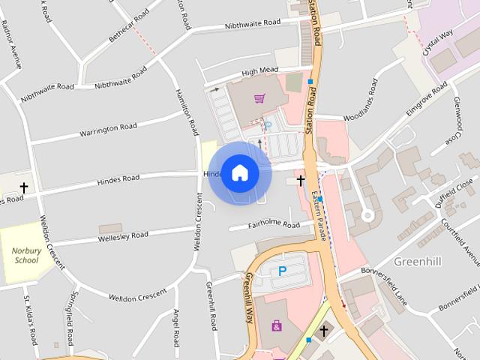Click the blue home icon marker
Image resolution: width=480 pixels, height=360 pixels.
click(x=239, y=172)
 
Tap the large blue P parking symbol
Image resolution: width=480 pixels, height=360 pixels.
click(x=283, y=271)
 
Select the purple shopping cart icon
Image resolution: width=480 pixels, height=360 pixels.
click(x=259, y=97)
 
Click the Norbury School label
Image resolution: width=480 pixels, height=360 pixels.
click(x=25, y=256)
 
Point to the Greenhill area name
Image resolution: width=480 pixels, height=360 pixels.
click(x=417, y=261)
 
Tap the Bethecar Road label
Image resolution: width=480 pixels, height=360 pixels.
click(x=130, y=30)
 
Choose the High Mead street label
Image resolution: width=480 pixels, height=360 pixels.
click(x=259, y=72)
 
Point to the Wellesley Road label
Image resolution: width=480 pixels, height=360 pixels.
click(x=123, y=235)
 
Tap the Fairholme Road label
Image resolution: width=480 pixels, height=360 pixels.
click(x=274, y=224)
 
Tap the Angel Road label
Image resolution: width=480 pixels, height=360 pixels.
click(x=177, y=328)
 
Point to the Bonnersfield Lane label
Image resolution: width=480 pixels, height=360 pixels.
click(x=384, y=284)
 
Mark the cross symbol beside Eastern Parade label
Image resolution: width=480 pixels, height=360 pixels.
click(x=301, y=180)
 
